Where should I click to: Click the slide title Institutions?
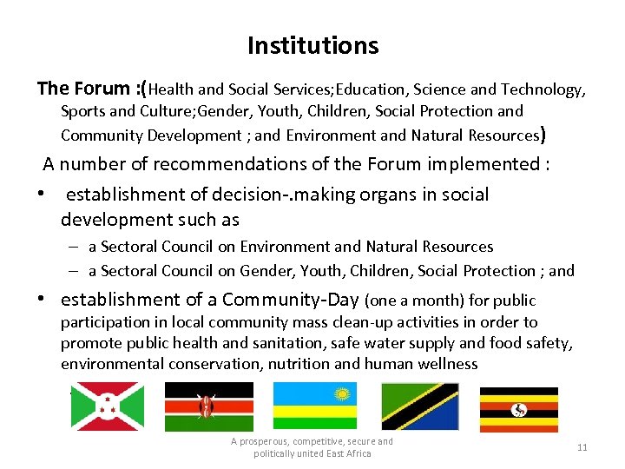click(312, 45)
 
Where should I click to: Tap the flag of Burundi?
click(107, 406)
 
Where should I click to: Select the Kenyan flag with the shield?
click(208, 406)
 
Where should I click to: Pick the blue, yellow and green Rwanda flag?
click(314, 406)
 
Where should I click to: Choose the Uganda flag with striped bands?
click(519, 408)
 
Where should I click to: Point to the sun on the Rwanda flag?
click(342, 393)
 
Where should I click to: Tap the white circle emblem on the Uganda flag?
click(520, 409)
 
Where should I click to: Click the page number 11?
click(582, 447)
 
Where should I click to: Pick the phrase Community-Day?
click(290, 301)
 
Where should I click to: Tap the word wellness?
click(447, 364)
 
